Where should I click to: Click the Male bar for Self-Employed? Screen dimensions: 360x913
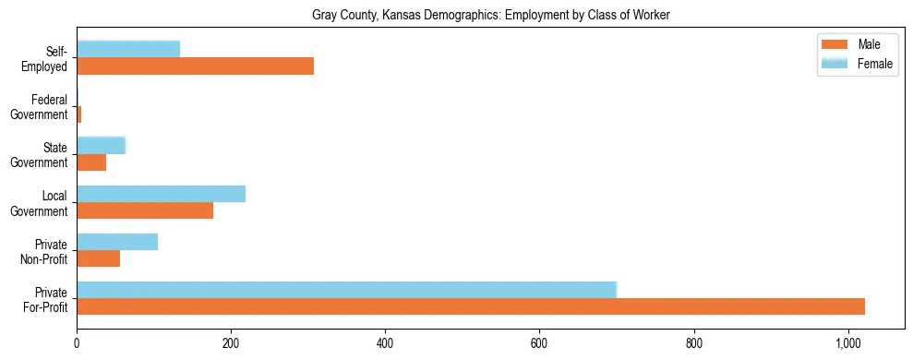point(195,66)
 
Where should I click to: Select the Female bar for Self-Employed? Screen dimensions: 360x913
point(128,49)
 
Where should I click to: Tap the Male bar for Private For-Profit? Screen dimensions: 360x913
point(471,306)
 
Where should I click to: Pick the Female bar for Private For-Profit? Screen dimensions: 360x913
point(346,290)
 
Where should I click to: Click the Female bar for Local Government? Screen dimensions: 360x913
point(161,194)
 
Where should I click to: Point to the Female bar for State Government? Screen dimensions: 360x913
point(101,145)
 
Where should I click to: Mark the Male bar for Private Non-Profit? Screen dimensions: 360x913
point(98,258)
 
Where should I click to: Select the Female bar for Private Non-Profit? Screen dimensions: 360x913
point(117,242)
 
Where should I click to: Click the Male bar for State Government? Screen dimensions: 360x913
point(91,162)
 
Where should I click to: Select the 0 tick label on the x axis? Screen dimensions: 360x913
point(77,343)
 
